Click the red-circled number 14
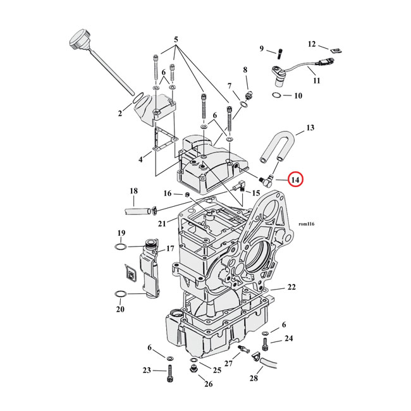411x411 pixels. point(295,180)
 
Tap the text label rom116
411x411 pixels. point(305,224)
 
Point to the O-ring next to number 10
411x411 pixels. point(276,95)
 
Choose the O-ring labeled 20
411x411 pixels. point(120,295)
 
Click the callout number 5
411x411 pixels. point(176,39)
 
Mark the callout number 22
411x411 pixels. point(291,287)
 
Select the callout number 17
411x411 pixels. point(169,249)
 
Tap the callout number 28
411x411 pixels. point(253,378)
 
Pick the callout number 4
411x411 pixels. point(141,160)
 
